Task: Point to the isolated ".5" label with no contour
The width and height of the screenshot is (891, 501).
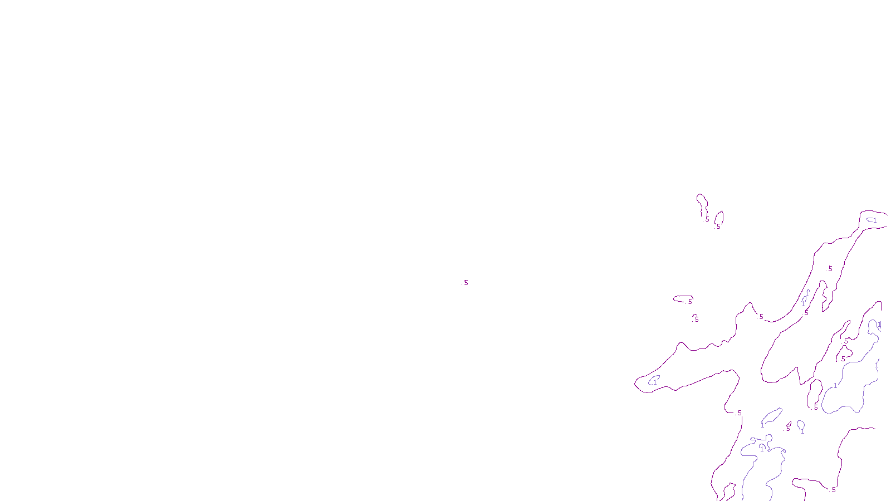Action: tap(465, 283)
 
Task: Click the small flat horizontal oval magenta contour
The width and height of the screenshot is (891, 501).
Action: tap(683, 298)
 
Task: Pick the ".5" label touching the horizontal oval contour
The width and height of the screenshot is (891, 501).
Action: tap(689, 302)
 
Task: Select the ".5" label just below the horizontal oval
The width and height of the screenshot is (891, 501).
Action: tap(696, 320)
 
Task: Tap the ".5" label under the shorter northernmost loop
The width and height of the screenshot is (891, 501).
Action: tap(718, 227)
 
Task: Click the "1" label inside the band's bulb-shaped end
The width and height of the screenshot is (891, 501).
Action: tap(874, 220)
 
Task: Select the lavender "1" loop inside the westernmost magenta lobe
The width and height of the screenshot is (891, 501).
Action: tap(654, 381)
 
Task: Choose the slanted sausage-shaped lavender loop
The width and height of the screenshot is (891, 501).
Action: tap(771, 416)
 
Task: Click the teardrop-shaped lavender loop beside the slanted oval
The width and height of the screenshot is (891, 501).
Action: tap(801, 426)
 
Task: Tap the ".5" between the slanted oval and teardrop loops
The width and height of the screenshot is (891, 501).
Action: tap(787, 429)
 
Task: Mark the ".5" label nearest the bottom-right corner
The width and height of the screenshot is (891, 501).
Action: tap(833, 490)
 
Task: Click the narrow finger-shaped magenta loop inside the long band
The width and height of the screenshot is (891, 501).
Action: tap(824, 295)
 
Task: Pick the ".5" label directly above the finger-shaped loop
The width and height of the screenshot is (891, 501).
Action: tap(830, 269)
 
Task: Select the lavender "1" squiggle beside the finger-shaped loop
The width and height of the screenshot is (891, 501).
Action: tap(805, 298)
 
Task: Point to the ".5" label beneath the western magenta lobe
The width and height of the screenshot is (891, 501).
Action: tap(738, 413)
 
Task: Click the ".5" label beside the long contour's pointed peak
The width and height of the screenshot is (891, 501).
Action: tap(761, 317)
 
